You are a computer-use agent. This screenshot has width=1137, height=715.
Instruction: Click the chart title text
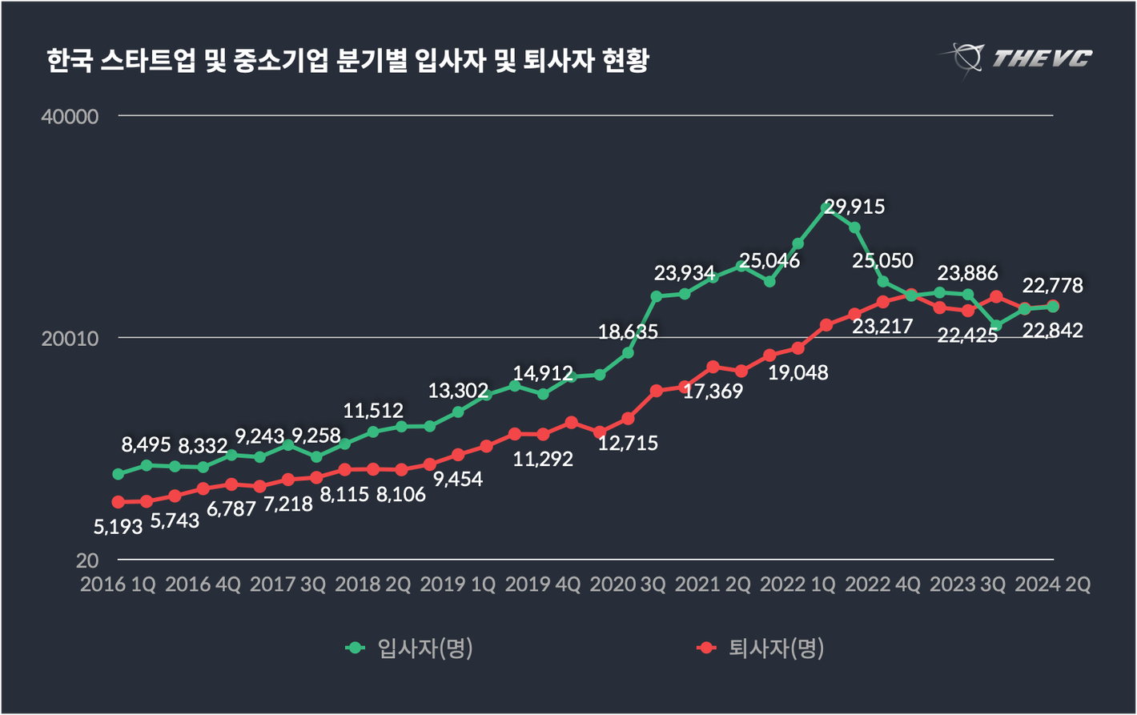coord(347,61)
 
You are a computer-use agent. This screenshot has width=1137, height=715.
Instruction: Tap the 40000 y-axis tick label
coord(70,117)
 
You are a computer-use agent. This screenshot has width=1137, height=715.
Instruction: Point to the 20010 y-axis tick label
coord(70,339)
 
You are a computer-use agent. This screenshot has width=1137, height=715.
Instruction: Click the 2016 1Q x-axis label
coord(119,584)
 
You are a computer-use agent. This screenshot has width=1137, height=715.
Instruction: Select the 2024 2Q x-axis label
coord(1052,584)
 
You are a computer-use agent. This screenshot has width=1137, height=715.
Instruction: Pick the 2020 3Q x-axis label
coord(628,584)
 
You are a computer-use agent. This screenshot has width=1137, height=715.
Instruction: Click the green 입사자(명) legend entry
coord(410,648)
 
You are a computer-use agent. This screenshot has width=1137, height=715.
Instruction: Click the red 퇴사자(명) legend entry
coord(761,648)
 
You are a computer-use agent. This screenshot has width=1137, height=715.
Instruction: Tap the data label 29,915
coord(855,207)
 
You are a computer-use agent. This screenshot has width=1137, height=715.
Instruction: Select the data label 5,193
coord(119,527)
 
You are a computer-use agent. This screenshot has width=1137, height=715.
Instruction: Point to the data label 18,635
coord(628,331)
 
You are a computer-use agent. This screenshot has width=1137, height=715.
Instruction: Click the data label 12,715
coord(628,442)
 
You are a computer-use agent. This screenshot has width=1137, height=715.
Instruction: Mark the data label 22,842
coord(1053,330)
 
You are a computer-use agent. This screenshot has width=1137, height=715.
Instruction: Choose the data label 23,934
coord(685,273)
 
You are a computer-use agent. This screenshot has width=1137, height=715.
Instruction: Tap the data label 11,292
coord(543,460)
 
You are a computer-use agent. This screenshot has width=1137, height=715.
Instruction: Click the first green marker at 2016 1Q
coord(119,474)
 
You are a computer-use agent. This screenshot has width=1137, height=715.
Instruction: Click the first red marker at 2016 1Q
coord(119,502)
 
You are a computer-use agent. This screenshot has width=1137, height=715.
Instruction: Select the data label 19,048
coord(798,372)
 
